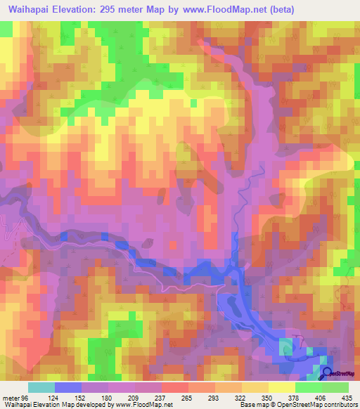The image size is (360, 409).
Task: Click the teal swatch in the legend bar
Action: (41, 387)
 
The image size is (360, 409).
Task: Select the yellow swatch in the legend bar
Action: (281, 387)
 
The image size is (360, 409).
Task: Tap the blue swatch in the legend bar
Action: (67, 387)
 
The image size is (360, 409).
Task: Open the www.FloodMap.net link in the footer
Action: (145, 405)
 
